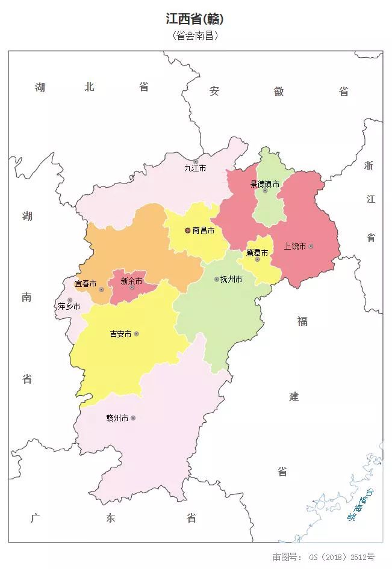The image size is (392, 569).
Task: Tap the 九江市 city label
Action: click(x=195, y=168)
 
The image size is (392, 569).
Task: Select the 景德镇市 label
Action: click(x=265, y=183)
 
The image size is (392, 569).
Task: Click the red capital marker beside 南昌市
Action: click(x=187, y=230)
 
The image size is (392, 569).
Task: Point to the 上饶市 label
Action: click(x=295, y=246)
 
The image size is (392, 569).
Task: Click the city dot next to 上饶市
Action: click(x=311, y=246)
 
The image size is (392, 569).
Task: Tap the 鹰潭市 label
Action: click(x=257, y=252)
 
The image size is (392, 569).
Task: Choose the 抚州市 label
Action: click(x=231, y=279)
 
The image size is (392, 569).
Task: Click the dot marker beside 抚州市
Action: click(x=217, y=279)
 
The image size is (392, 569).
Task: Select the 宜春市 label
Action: click(x=85, y=283)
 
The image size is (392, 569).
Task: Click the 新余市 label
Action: click(x=131, y=280)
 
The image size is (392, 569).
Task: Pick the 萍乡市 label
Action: click(x=69, y=306)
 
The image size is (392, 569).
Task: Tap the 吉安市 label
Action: click(x=120, y=334)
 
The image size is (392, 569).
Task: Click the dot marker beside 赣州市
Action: click(x=133, y=418)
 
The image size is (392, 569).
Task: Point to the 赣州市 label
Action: click(x=117, y=418)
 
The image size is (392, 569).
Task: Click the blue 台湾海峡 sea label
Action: click(x=360, y=504)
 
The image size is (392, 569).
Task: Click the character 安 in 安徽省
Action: click(x=214, y=91)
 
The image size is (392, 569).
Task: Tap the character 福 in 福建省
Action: click(x=302, y=321)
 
